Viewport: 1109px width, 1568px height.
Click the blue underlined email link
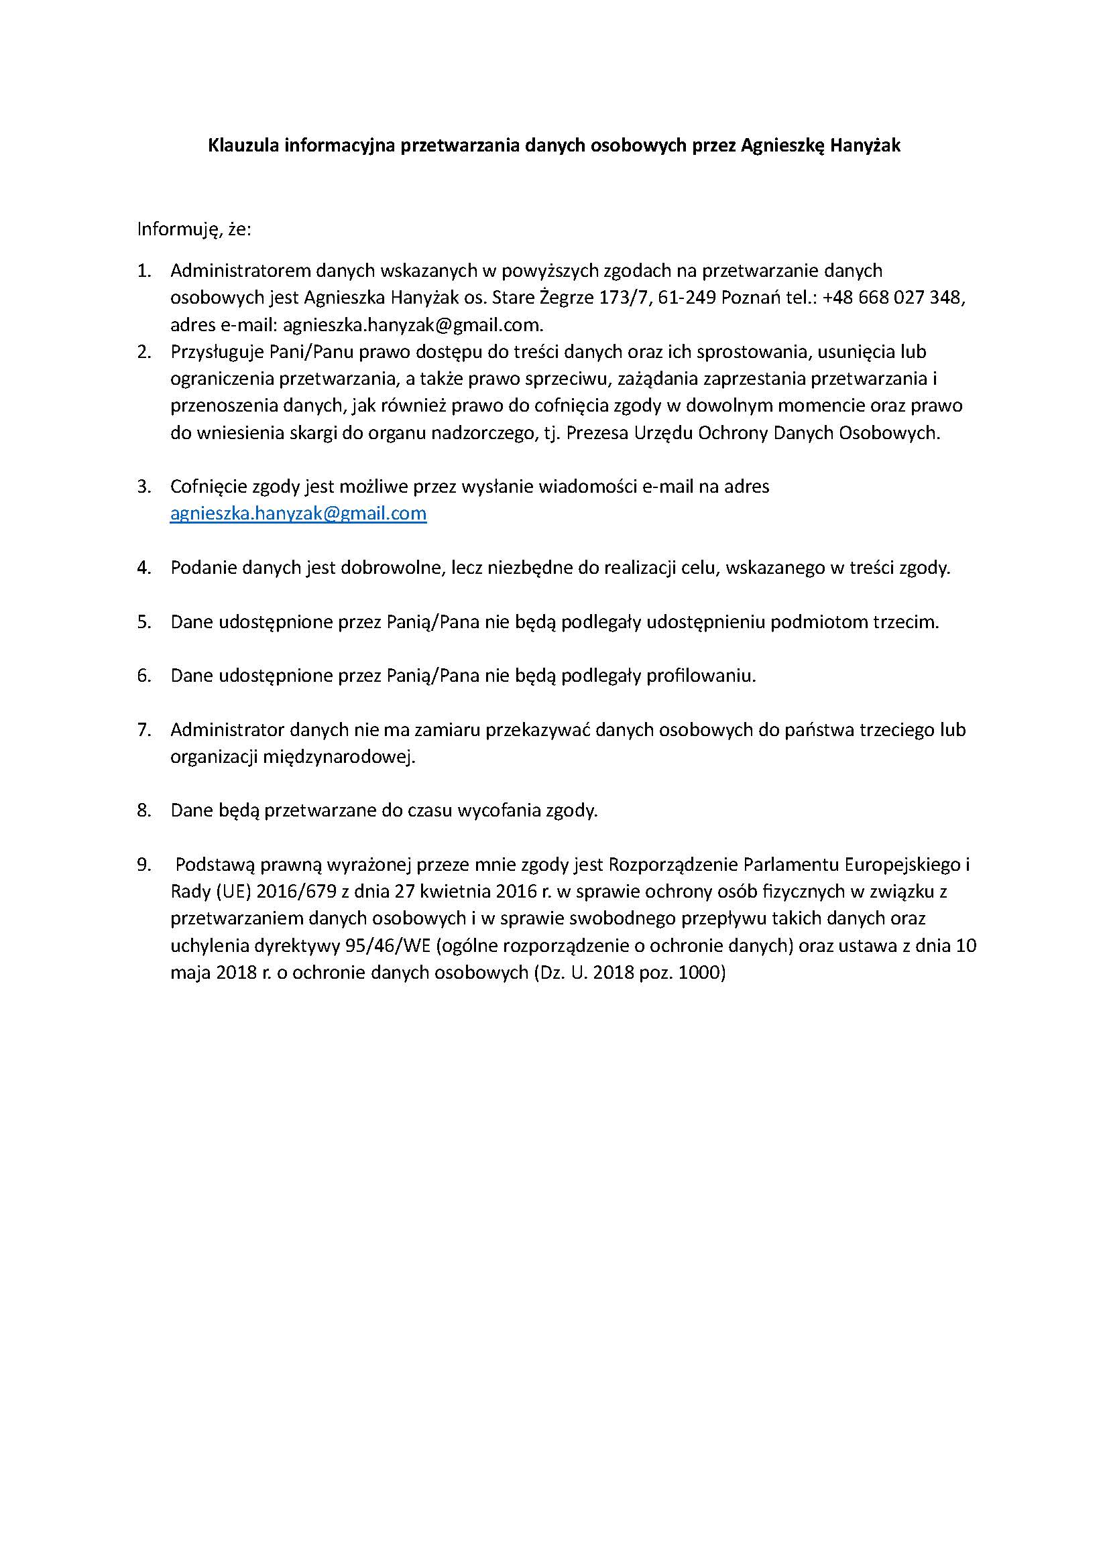pos(298,513)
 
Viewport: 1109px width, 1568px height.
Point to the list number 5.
pos(143,622)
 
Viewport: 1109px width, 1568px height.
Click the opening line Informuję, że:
pos(194,229)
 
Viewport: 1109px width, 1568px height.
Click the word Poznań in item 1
pos(758,298)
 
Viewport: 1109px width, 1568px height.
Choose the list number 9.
pos(143,865)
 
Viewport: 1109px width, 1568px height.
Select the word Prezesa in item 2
pos(596,433)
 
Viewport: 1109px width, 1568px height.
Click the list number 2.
pos(143,352)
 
